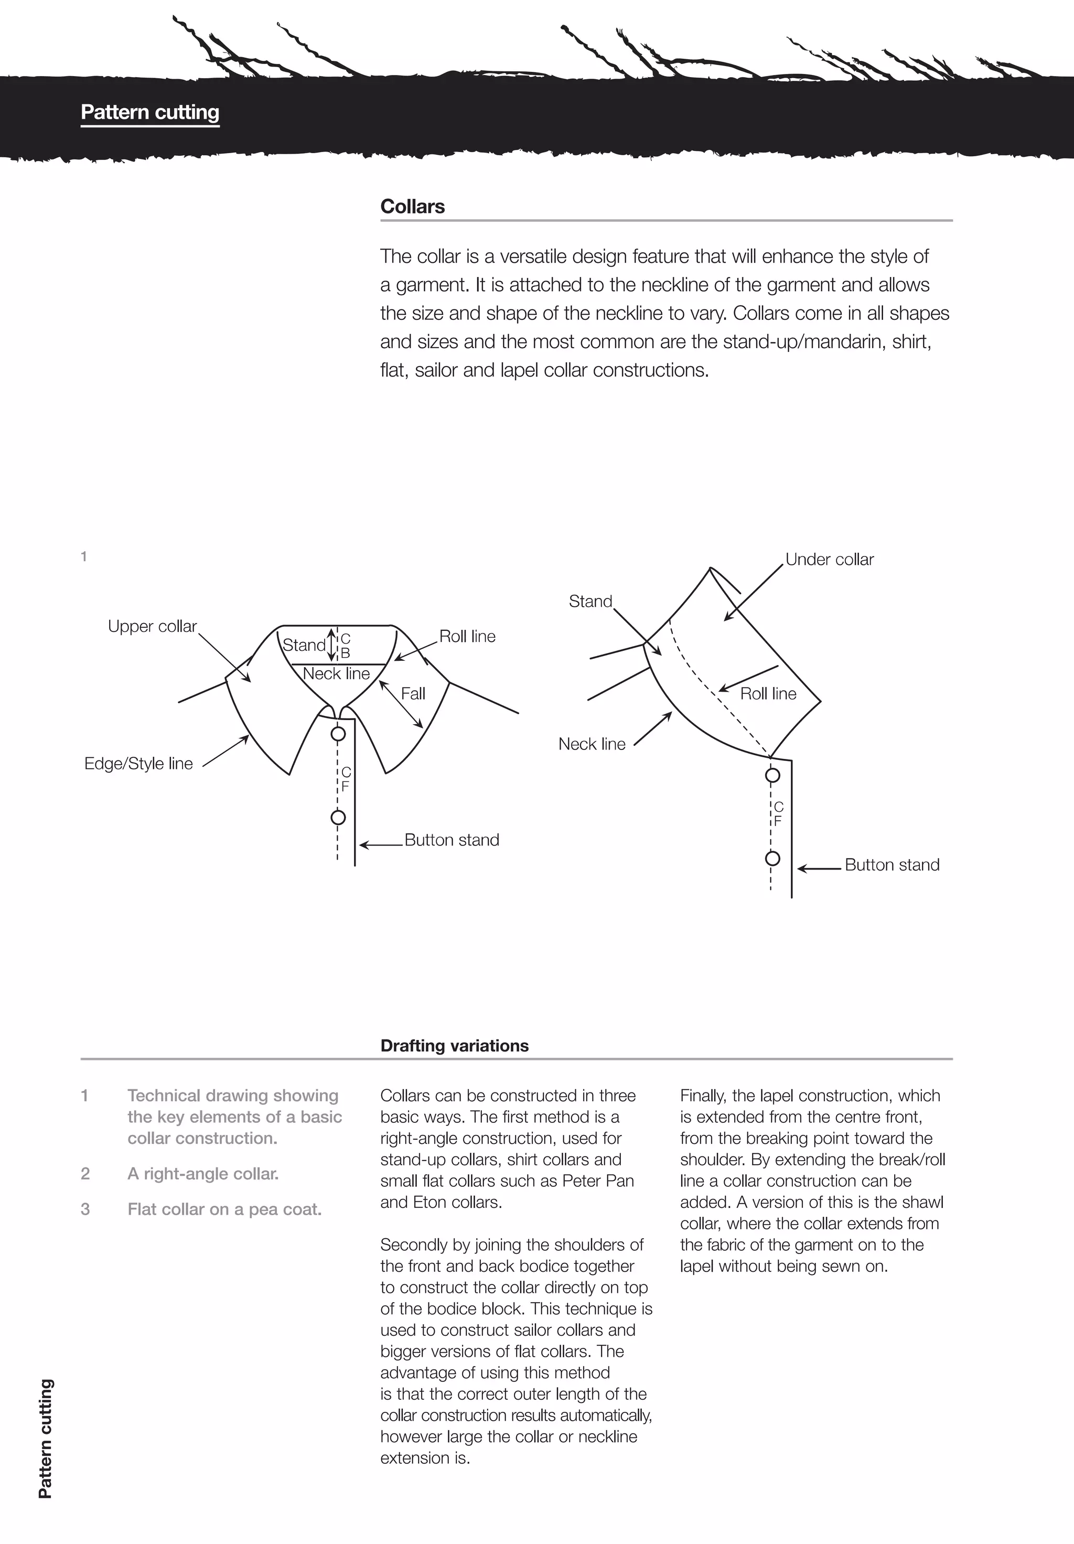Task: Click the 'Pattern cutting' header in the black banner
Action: (150, 112)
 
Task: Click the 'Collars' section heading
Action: (412, 207)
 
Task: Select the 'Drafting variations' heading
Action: (454, 1045)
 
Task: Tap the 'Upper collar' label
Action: (152, 626)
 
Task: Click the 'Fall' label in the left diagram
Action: (413, 693)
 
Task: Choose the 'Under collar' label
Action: (829, 560)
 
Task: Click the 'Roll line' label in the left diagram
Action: (467, 636)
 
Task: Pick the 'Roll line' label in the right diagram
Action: (768, 693)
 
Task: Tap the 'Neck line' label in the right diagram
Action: (592, 744)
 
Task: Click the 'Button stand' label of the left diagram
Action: (451, 840)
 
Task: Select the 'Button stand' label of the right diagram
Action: (892, 865)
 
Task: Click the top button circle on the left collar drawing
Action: (338, 733)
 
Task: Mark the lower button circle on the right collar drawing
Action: (772, 859)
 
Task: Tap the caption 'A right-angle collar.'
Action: (203, 1173)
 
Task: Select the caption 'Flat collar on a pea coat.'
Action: (224, 1209)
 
